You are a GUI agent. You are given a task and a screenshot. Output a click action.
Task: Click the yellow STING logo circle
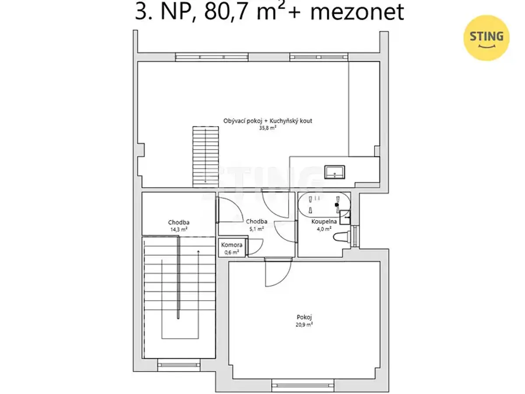(x=486, y=38)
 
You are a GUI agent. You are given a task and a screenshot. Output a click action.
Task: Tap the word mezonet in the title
(x=357, y=12)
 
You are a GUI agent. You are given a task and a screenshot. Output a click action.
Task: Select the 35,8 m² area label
(x=268, y=128)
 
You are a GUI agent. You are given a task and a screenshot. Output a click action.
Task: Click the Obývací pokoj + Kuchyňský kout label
(x=268, y=121)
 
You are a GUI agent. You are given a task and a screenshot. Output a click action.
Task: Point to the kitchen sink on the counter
(x=334, y=172)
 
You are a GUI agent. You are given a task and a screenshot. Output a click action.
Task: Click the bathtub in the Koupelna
(x=324, y=204)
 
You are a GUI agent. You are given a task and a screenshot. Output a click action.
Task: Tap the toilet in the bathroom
(x=342, y=237)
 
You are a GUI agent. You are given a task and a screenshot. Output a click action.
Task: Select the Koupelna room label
(x=324, y=222)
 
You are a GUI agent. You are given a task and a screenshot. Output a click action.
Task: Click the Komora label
(x=231, y=245)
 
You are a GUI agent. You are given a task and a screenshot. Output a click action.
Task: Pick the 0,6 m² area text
(x=231, y=252)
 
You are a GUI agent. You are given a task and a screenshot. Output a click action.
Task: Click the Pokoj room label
(x=304, y=317)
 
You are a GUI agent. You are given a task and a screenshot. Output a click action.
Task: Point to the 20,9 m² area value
(x=304, y=325)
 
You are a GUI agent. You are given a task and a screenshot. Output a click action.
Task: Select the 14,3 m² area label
(x=178, y=229)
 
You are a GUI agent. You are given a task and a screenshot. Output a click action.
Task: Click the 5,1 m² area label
(x=257, y=229)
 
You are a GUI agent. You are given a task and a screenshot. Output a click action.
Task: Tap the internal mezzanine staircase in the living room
(x=206, y=157)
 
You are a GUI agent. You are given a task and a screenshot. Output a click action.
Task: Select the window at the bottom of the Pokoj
(x=303, y=385)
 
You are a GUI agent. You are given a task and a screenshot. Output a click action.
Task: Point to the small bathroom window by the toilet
(x=355, y=236)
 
